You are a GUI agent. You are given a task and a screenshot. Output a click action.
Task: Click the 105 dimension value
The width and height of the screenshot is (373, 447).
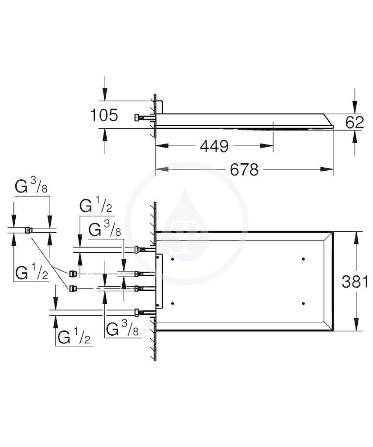[104, 115]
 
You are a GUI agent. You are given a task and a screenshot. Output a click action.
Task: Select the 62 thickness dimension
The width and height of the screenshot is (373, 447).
[355, 122]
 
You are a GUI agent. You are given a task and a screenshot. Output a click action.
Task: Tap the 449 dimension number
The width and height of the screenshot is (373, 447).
[214, 146]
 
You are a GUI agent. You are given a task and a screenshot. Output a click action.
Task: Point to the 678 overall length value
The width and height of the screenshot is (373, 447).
[245, 170]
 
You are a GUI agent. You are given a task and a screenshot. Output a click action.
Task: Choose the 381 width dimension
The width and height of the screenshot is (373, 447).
[355, 282]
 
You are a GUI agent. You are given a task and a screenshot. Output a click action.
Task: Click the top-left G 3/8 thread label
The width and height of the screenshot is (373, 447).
[31, 187]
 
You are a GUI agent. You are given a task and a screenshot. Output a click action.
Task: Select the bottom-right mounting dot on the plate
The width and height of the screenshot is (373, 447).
[303, 303]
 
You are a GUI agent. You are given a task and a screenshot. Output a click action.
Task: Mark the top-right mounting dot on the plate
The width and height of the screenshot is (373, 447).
[303, 259]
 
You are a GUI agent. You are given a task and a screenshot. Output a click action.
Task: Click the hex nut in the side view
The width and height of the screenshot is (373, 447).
[137, 118]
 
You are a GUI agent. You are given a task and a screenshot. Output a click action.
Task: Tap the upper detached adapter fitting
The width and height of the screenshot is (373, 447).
[73, 274]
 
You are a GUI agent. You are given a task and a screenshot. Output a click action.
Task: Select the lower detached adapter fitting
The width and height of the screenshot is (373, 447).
[73, 288]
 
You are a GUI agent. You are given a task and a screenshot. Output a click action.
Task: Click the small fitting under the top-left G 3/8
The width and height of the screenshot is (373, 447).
[28, 230]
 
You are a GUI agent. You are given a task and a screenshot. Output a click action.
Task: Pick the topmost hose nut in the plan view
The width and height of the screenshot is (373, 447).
[137, 250]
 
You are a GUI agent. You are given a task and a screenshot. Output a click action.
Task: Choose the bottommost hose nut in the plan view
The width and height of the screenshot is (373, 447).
[137, 313]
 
